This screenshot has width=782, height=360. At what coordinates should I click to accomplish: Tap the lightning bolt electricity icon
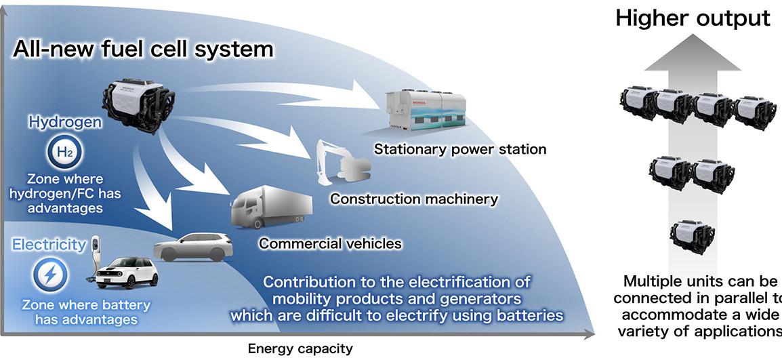[51, 275]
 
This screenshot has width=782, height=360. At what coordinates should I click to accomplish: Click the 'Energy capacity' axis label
[300, 349]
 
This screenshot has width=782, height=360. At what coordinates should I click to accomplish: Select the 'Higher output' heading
[693, 18]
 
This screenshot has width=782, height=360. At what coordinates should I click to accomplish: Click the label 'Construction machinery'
[414, 199]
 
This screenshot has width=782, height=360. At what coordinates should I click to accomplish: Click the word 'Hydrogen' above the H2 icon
[65, 123]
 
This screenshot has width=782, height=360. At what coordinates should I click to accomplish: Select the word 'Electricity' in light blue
[48, 244]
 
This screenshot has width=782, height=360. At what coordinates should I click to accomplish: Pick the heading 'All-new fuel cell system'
[142, 49]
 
